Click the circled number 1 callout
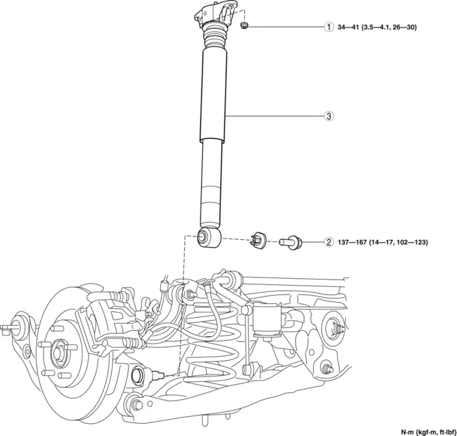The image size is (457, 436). pyautogui.click(x=329, y=27)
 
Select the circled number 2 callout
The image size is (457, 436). pyautogui.click(x=329, y=242)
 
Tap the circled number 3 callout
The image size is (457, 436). pyautogui.click(x=329, y=116)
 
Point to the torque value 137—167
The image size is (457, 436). pyautogui.click(x=351, y=242)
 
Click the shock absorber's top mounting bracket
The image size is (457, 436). pyautogui.click(x=216, y=14)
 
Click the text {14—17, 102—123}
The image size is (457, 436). pyautogui.click(x=400, y=242)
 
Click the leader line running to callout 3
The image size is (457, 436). pyautogui.click(x=273, y=116)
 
